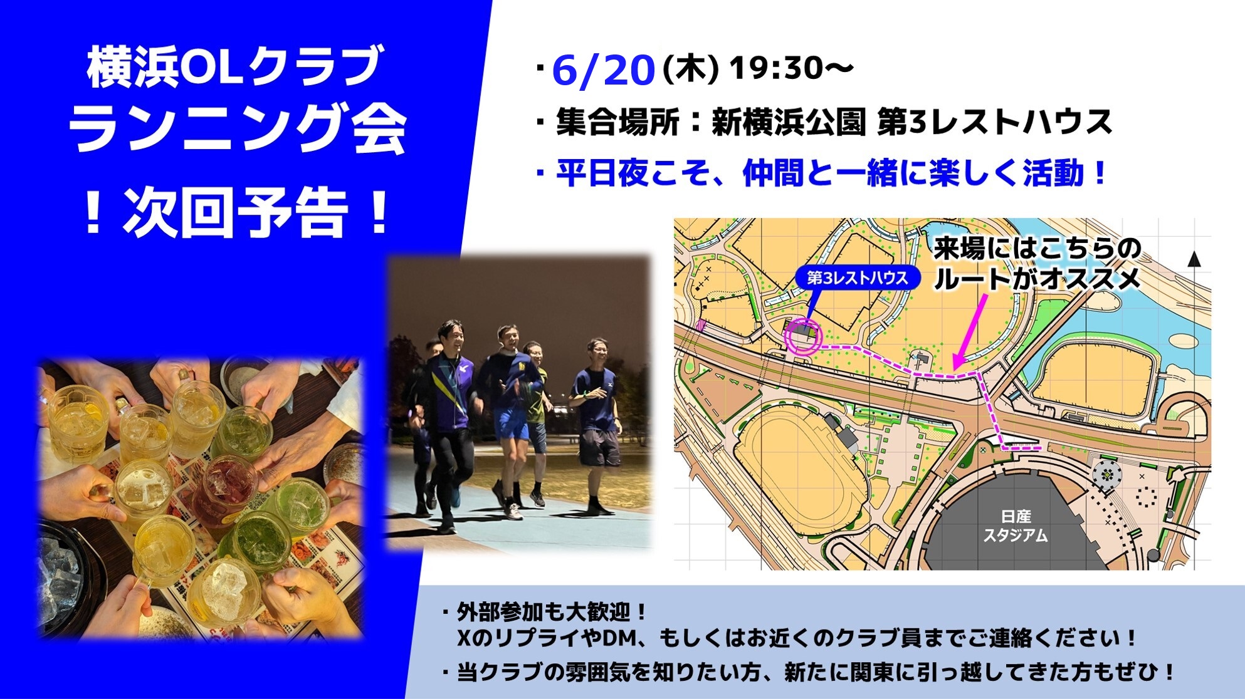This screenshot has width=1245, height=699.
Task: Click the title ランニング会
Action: tap(238, 128)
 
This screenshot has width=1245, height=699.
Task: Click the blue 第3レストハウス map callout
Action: tap(857, 277)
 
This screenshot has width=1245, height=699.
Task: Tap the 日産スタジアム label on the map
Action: tap(1015, 526)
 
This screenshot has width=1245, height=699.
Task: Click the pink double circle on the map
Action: tap(803, 337)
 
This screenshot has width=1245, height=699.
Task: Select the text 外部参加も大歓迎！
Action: tap(552, 611)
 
